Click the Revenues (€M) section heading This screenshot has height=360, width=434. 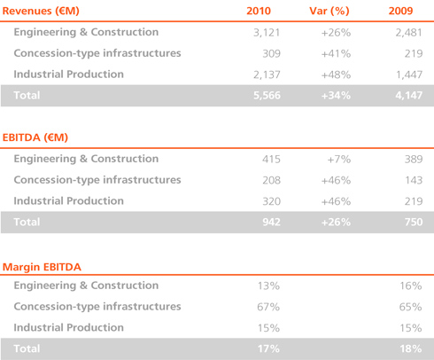[41, 11]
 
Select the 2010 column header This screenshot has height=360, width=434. [259, 11]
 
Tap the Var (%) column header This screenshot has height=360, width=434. [329, 11]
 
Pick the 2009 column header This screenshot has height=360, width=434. [400, 11]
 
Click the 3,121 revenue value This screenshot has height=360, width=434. [267, 33]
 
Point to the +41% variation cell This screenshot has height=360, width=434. [336, 53]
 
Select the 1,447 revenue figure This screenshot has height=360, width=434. [409, 74]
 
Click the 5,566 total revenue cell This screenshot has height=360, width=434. [267, 96]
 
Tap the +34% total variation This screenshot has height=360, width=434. [336, 96]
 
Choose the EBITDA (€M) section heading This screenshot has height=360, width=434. [35, 137]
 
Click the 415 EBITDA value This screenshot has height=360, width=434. [271, 159]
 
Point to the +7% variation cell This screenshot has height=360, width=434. [339, 160]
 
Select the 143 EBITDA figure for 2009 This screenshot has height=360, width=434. [414, 180]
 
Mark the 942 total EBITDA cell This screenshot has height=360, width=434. [271, 222]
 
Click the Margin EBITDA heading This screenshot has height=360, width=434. [42, 267]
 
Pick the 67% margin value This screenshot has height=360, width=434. [268, 307]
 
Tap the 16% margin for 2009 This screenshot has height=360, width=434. [411, 286]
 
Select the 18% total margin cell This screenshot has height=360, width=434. [411, 348]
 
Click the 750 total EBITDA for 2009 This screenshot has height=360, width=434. [414, 222]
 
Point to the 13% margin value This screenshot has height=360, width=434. [268, 286]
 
